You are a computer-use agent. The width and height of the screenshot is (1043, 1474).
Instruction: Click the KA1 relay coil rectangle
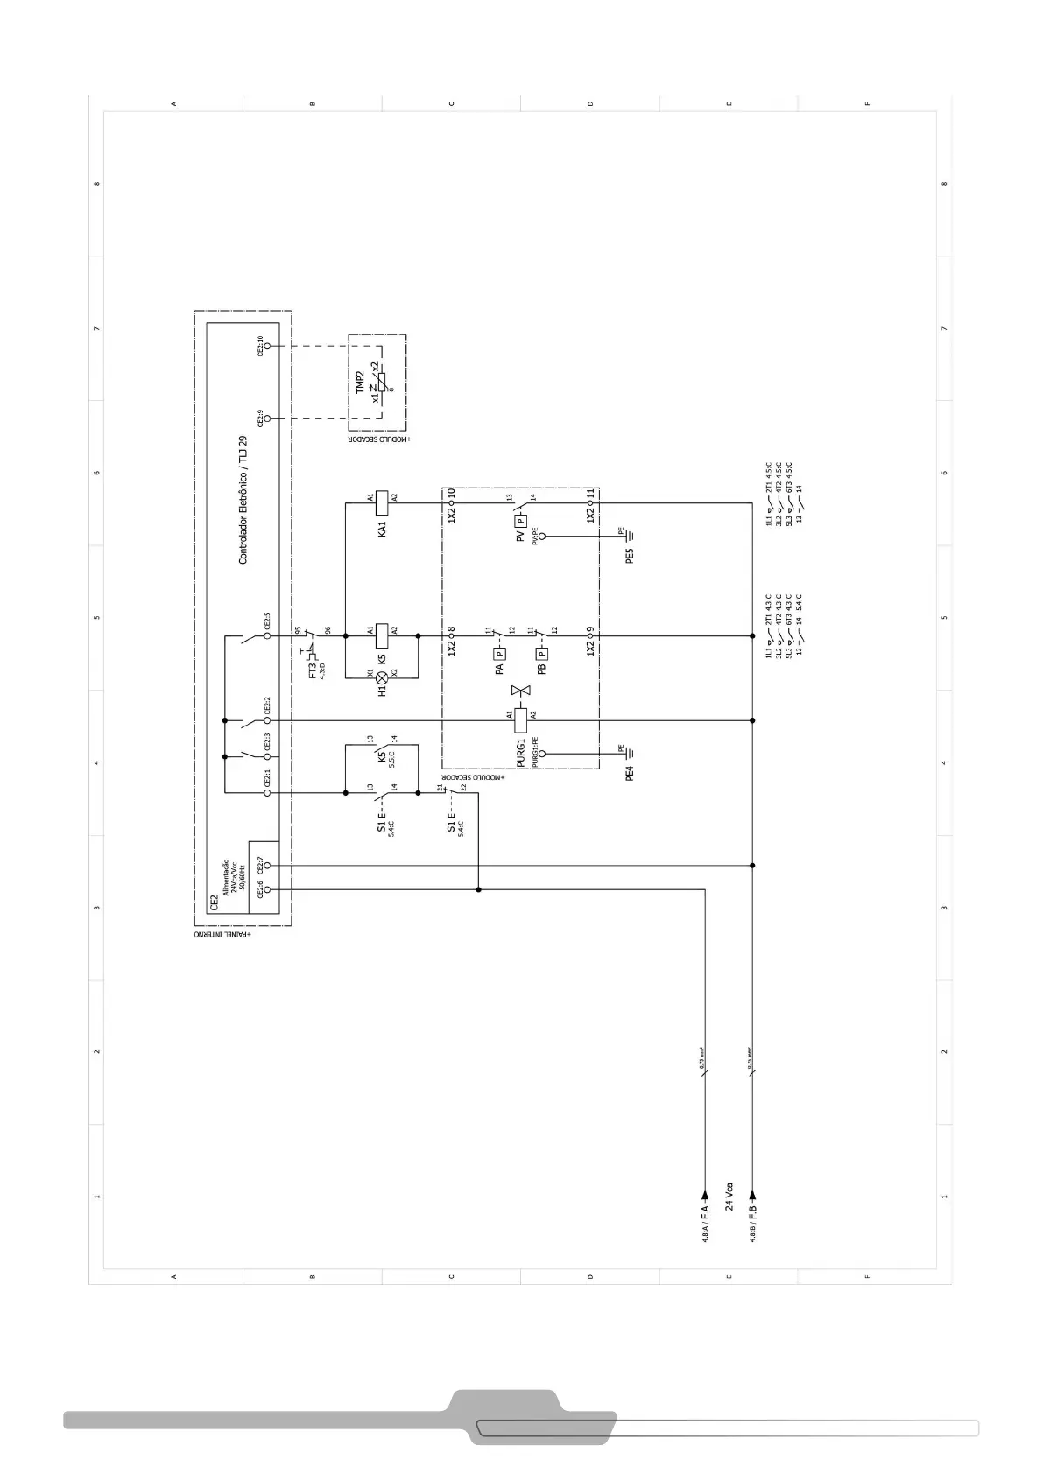(x=382, y=497)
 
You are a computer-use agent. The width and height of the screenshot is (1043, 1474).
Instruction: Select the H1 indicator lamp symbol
(x=382, y=677)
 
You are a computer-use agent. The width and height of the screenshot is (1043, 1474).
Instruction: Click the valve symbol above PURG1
(x=521, y=692)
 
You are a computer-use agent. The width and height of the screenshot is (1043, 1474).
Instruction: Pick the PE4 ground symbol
(x=627, y=752)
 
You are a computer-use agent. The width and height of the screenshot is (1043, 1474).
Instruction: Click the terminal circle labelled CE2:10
(x=268, y=346)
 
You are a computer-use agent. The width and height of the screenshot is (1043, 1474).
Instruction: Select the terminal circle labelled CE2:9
(x=268, y=418)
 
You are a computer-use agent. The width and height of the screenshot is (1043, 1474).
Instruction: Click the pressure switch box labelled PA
(x=500, y=653)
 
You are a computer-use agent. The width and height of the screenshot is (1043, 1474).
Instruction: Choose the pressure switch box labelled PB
(x=542, y=653)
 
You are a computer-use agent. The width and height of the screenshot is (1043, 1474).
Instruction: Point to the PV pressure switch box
(x=521, y=520)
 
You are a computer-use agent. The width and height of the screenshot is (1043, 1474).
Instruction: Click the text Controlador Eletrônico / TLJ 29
(x=243, y=500)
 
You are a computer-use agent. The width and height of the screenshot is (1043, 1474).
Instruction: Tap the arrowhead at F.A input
(x=704, y=1194)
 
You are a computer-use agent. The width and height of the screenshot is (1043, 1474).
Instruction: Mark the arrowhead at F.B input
(x=752, y=1194)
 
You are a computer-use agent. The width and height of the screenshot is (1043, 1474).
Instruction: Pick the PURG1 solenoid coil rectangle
(x=521, y=720)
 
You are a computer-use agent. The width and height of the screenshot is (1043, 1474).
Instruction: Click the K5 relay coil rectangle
(x=382, y=630)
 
